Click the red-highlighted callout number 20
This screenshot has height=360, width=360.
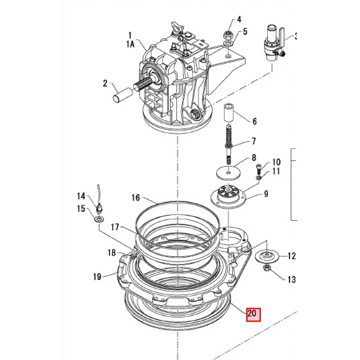pos(253,314)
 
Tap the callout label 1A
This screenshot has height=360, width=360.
pos(130,44)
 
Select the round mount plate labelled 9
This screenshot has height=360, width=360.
pos(228,195)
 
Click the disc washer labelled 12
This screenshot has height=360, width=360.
pos(267,256)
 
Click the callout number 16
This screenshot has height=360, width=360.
pos(135,198)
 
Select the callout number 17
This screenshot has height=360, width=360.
pos(115,227)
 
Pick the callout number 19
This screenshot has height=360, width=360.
pos(97,277)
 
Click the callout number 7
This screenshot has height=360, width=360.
pos(253,141)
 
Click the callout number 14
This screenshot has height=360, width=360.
pos(81,196)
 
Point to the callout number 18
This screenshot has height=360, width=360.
pos(112,253)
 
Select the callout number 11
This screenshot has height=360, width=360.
pos(276,171)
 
